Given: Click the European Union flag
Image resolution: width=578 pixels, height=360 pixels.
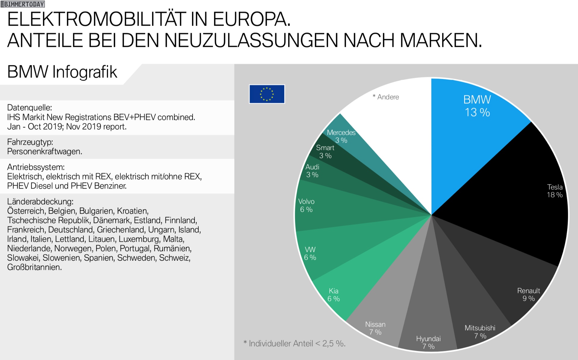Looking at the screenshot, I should (267, 94).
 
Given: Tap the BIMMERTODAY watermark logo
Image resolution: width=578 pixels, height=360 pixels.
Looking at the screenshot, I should (23, 4).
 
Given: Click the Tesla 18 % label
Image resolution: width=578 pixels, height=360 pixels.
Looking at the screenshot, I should (555, 191).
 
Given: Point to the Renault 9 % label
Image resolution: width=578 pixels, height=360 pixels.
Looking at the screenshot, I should (528, 295).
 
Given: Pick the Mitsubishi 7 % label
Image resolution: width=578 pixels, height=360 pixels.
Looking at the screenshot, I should (480, 332).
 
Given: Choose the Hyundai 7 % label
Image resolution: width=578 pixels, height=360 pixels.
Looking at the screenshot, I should (428, 343).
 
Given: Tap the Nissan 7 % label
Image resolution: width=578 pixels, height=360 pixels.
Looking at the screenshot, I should (375, 328).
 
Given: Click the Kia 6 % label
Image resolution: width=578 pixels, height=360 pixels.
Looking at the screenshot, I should (334, 295).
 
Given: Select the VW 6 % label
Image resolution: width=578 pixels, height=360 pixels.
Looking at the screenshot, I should (310, 253).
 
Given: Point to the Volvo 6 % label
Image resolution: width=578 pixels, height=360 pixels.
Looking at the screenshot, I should (306, 205).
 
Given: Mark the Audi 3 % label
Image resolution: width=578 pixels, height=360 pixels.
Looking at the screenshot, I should (312, 171).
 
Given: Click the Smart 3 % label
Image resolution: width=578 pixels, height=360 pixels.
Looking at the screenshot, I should (325, 152).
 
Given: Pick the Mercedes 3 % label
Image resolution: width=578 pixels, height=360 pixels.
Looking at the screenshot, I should (341, 136).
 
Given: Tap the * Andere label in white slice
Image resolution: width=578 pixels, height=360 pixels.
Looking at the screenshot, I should (386, 97).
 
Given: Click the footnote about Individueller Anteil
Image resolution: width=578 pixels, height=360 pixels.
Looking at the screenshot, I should (294, 343).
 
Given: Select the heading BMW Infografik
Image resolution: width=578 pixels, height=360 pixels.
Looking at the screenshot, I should (62, 72).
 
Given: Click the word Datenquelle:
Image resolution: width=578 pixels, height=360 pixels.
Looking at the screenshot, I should (30, 108).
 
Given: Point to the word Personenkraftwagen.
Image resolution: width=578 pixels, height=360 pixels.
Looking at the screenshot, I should (45, 152).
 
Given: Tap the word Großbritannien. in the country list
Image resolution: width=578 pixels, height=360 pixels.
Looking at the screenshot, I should (34, 267).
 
